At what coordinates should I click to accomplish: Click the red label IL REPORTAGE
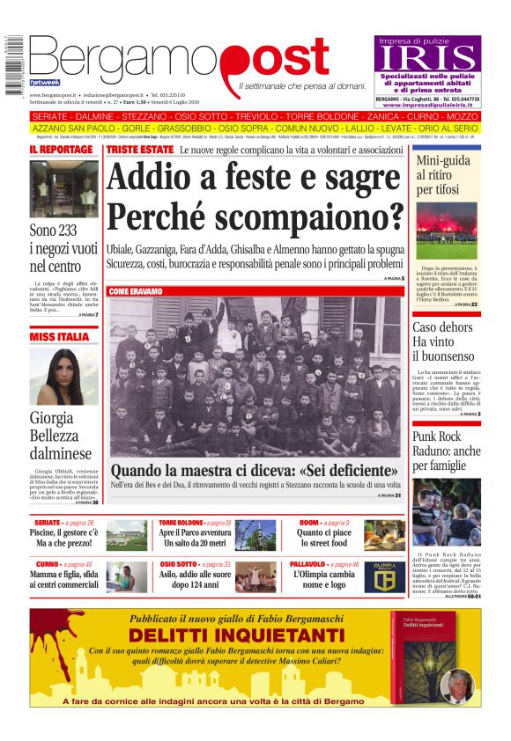point(61,150)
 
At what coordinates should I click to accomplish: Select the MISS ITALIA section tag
point(59,336)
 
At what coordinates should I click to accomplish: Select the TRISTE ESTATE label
point(140,150)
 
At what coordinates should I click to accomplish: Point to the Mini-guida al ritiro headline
point(444,174)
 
